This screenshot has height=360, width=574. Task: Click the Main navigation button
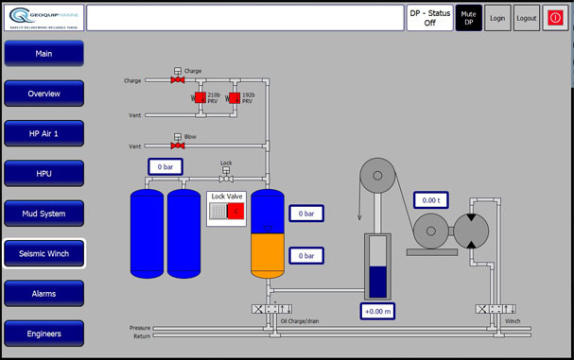point(43,54)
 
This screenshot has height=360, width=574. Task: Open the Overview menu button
point(43,94)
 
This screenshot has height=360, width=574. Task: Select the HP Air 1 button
point(43,134)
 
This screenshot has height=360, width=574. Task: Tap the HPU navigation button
point(43,174)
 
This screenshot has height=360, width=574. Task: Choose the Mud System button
point(43,214)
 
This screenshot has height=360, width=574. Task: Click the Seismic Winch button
point(43,253)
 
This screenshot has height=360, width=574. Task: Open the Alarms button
point(43,294)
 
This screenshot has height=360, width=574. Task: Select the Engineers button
point(43,334)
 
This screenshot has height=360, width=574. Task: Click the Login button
point(497,18)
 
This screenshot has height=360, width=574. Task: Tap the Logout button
point(527,18)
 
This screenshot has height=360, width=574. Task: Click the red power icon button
point(556,18)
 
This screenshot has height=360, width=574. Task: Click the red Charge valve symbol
point(177,80)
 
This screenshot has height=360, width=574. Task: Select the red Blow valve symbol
point(177,146)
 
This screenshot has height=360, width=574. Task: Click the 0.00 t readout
point(431,200)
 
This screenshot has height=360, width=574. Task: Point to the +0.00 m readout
point(378,310)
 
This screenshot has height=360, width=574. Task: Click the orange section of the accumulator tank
point(267,252)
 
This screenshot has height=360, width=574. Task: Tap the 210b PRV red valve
point(200,97)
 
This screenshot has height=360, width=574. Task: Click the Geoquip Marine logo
point(43,17)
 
